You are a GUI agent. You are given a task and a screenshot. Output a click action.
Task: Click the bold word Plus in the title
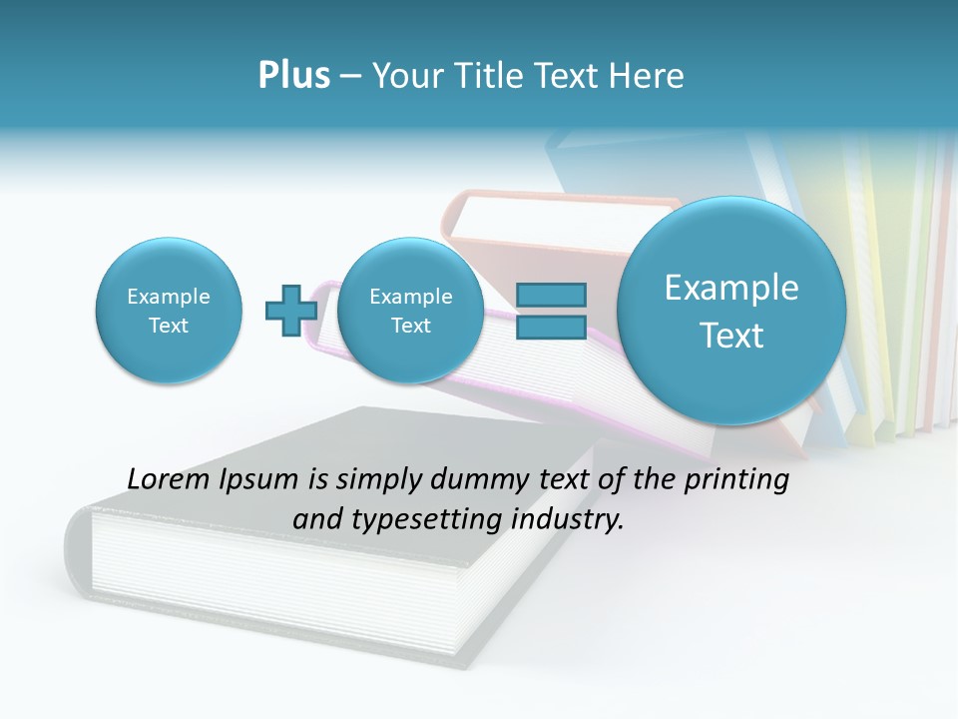click(x=293, y=76)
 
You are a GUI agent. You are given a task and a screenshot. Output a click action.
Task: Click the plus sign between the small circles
click(x=291, y=310)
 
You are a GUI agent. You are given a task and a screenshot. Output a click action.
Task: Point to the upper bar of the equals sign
click(x=551, y=295)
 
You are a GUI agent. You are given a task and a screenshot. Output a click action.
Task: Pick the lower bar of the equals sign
click(x=551, y=326)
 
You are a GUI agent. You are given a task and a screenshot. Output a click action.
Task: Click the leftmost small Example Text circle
click(x=169, y=311)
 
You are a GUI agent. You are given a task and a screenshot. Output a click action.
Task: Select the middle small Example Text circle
click(x=410, y=311)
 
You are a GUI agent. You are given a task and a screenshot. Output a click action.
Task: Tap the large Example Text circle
click(x=731, y=311)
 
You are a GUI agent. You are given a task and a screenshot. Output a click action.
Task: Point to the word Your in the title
click(x=405, y=76)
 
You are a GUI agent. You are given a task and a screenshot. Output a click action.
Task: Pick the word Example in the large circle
click(x=731, y=288)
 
